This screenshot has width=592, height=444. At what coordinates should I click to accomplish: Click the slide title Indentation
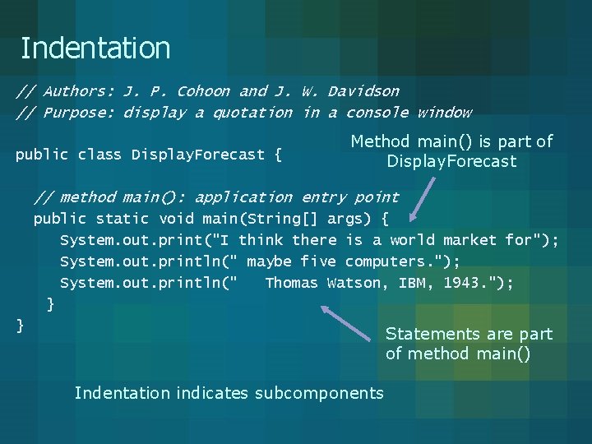click(x=95, y=49)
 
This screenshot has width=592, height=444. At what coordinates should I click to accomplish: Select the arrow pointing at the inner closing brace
click(x=345, y=323)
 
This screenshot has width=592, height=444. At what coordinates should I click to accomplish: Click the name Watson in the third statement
click(x=354, y=283)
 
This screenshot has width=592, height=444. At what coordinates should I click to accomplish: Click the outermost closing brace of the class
click(x=21, y=326)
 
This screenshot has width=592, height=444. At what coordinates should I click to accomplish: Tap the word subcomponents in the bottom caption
click(x=319, y=393)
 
